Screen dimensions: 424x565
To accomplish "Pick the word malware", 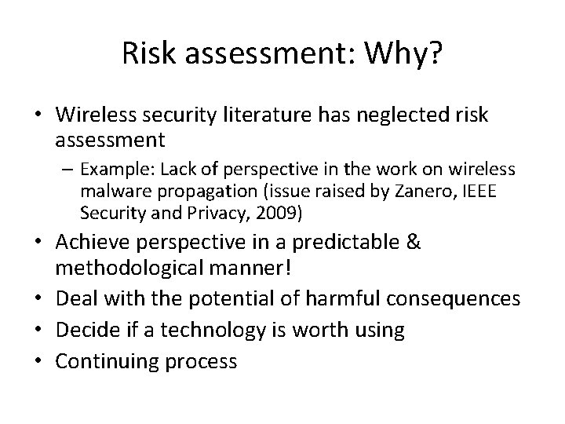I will tap(108, 192).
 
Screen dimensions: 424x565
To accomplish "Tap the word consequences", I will tap(454, 299).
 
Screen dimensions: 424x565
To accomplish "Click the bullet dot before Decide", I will tap(44, 331).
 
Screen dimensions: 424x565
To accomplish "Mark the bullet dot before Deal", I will tap(44, 299).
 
